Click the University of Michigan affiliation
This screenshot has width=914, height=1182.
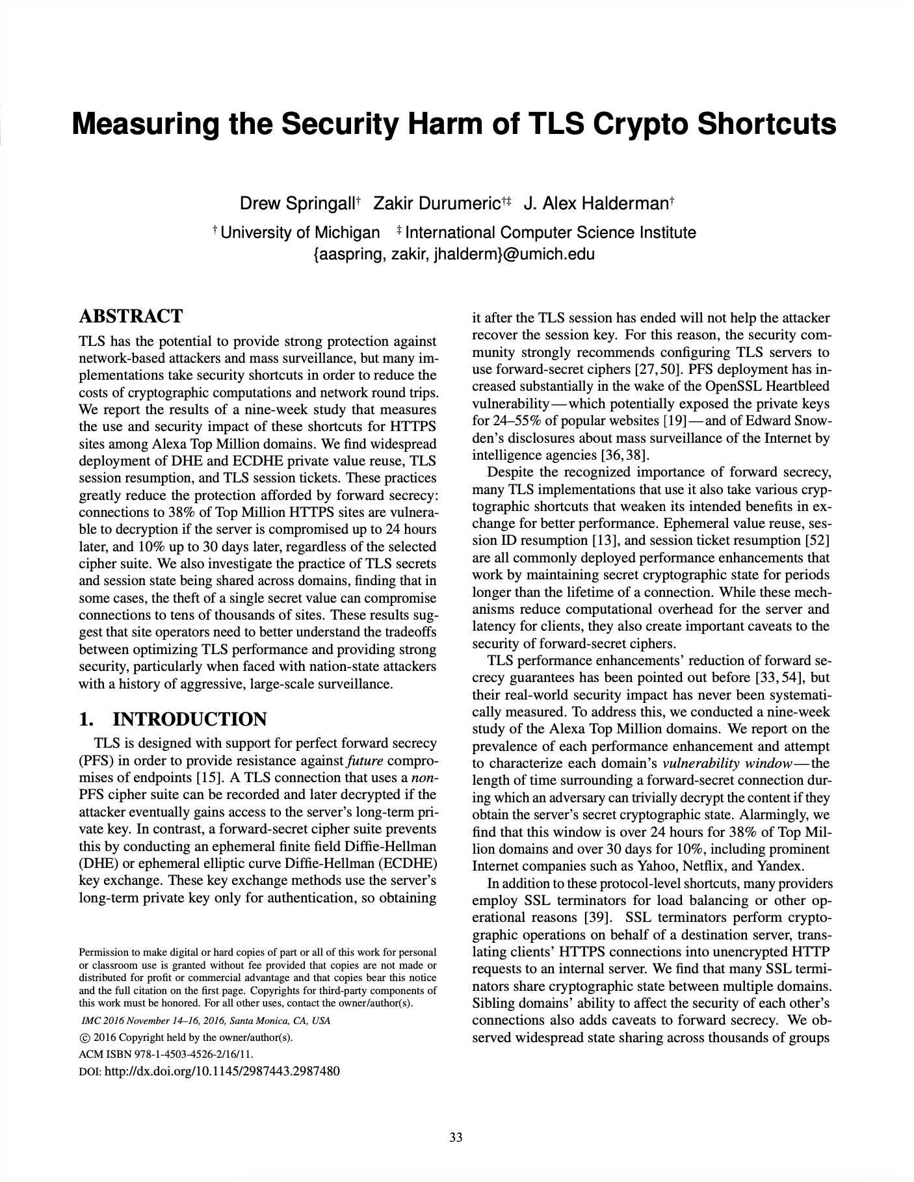300,233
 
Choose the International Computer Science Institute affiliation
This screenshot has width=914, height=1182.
550,233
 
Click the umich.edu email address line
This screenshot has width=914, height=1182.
454,254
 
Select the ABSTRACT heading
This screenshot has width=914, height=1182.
131,317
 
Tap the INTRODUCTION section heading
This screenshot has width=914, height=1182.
189,719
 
